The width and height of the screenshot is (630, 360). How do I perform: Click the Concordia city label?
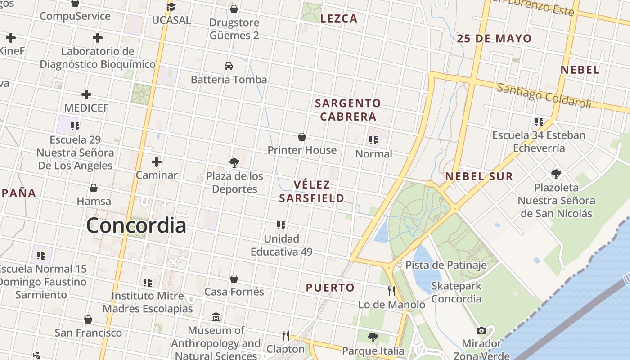pos(136,225)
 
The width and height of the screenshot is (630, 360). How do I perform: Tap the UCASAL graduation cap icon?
pos(171,7)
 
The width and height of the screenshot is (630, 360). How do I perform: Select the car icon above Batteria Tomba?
pos(229,66)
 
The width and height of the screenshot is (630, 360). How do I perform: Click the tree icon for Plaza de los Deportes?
pos(234,162)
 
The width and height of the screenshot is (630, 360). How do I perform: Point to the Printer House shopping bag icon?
pos(302,137)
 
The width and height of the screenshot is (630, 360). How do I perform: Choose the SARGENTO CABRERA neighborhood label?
pos(347,110)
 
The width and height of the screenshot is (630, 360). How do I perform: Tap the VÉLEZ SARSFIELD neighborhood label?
pos(312,191)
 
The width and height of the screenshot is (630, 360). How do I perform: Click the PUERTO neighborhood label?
pos(330,288)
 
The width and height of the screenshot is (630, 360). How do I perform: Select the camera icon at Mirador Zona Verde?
pos(481,331)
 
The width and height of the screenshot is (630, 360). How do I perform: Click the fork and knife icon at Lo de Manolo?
pos(391,291)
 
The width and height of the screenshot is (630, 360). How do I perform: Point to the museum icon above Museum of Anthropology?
pos(216,317)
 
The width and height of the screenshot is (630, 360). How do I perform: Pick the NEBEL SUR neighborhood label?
pos(479,176)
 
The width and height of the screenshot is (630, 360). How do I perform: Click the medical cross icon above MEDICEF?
pos(86,94)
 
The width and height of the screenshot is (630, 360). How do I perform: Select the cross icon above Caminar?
pos(157,162)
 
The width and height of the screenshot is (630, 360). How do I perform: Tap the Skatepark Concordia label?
pos(456,292)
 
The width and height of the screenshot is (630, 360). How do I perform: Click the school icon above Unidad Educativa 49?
pos(281,225)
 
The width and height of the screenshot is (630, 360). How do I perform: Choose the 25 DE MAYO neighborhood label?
pos(494,39)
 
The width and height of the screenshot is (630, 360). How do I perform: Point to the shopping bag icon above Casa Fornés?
pos(234,279)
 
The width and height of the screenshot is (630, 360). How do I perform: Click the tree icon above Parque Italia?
pos(373,337)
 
